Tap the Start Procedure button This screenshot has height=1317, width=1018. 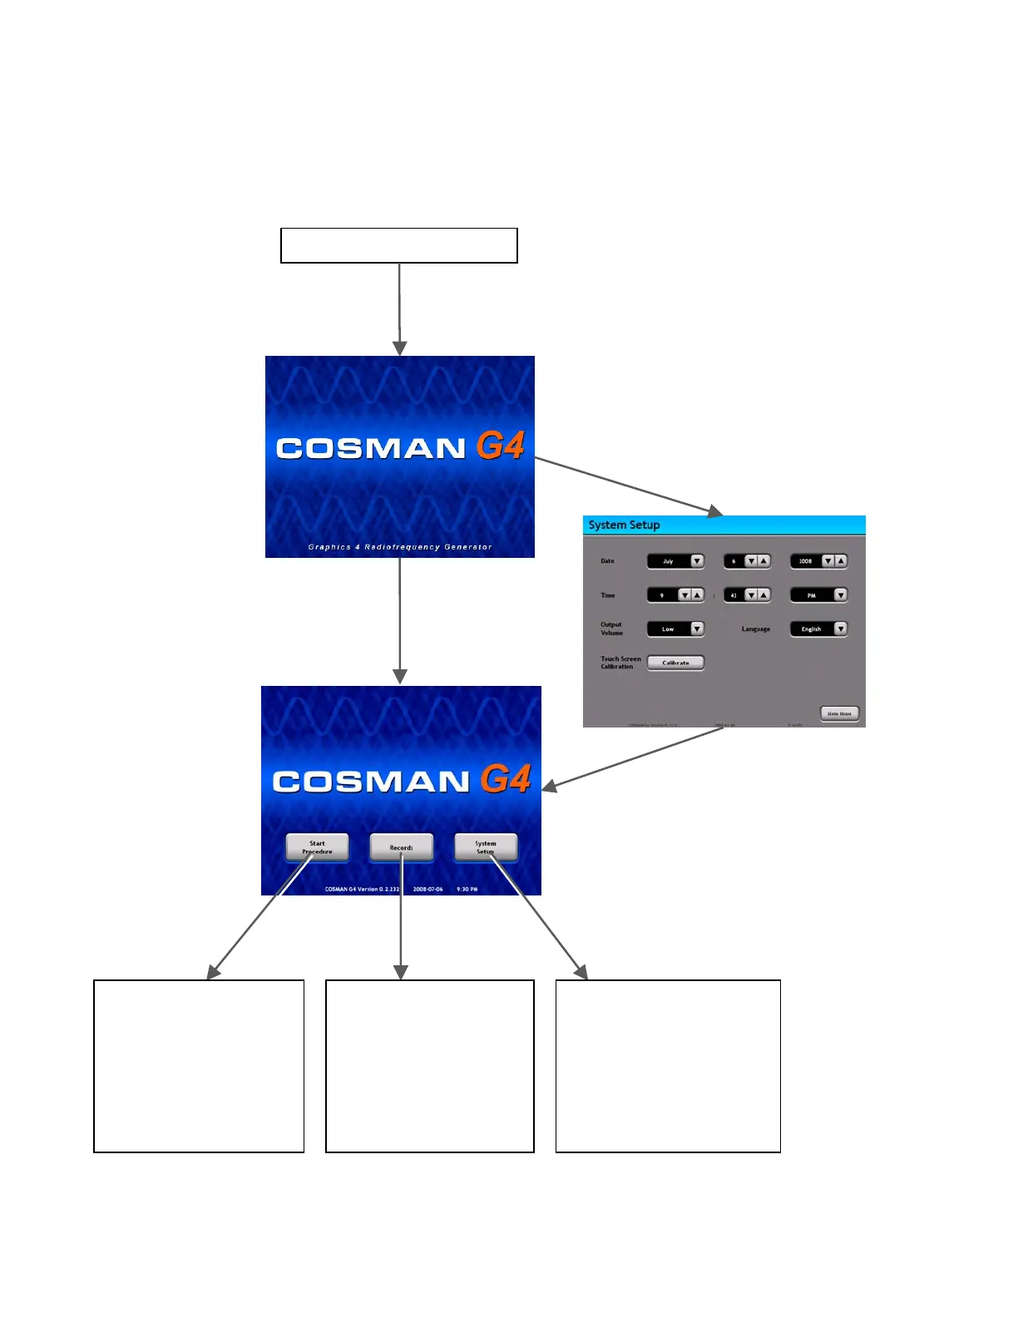pos(317,847)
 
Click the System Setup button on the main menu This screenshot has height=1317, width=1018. pos(486,847)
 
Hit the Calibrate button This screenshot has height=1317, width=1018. pos(675,663)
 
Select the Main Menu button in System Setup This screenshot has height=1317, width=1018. pos(839,713)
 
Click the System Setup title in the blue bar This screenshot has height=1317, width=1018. pos(624,525)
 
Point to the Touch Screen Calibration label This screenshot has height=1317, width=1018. pos(620,663)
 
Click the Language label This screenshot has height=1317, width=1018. pos(755,629)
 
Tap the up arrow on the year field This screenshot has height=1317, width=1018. pos(841,561)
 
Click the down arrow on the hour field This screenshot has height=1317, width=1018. pos(684,594)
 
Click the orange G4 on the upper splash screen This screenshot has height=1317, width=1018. pos(500,446)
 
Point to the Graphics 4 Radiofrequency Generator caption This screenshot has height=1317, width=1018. pos(400,547)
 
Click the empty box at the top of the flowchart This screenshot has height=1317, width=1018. pos(399,245)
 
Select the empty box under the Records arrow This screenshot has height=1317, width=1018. pos(429,1066)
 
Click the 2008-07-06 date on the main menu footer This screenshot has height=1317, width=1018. pos(427,890)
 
